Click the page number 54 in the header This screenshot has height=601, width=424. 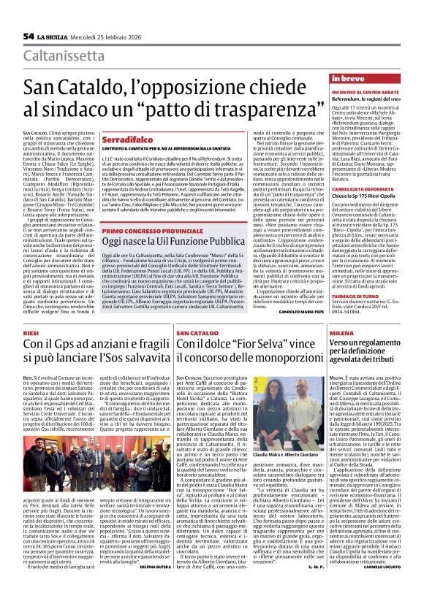29,36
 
